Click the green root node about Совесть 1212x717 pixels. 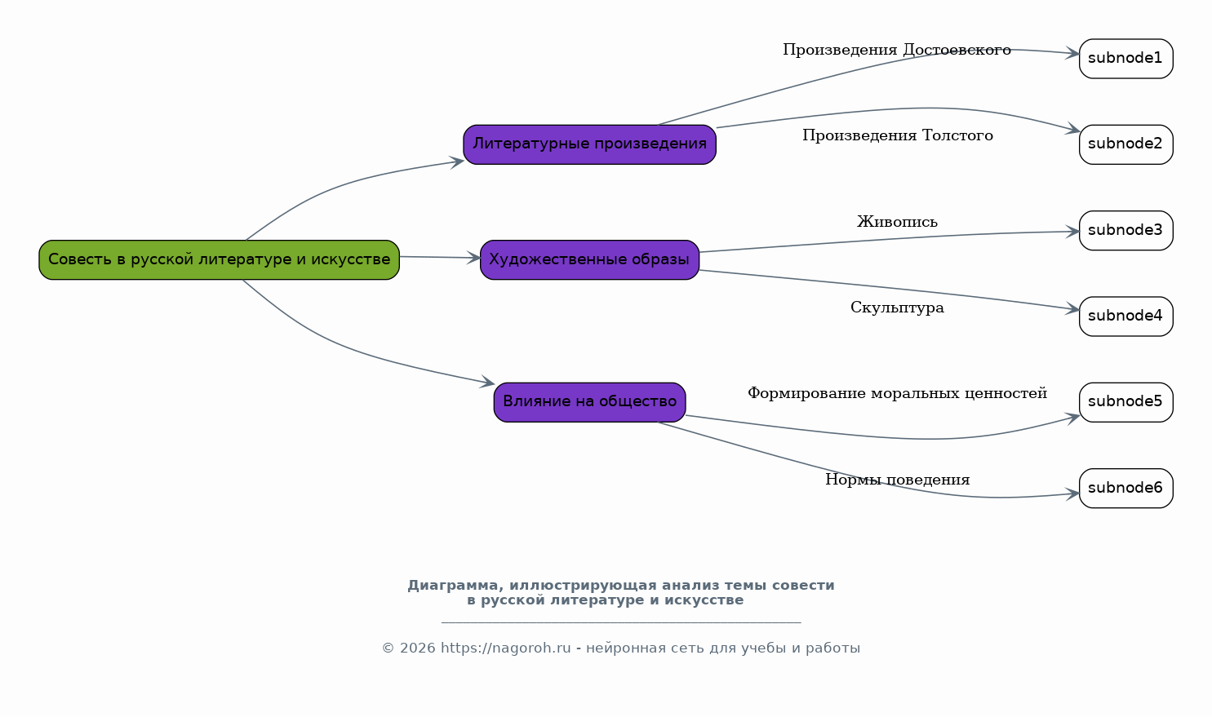coord(219,259)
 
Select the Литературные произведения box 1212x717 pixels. coord(589,144)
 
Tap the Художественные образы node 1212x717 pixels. coord(589,259)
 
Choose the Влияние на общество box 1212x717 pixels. coord(589,401)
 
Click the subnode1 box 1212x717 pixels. coord(1125,59)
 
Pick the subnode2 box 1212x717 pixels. coord(1125,144)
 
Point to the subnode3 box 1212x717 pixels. coord(1125,230)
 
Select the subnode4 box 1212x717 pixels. coord(1125,316)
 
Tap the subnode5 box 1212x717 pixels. coord(1125,401)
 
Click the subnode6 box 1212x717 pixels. coord(1125,488)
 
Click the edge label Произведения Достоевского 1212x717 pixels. coord(896,51)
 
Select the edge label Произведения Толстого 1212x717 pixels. coord(897,135)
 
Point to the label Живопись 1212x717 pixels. coord(897,222)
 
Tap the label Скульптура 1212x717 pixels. coord(897,308)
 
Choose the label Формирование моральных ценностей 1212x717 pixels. coord(897,394)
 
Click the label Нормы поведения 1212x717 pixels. coord(897,480)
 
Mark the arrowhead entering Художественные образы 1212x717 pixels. coord(473,258)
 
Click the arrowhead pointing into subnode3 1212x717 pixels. coord(1072,232)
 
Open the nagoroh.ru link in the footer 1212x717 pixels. coord(505,648)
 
